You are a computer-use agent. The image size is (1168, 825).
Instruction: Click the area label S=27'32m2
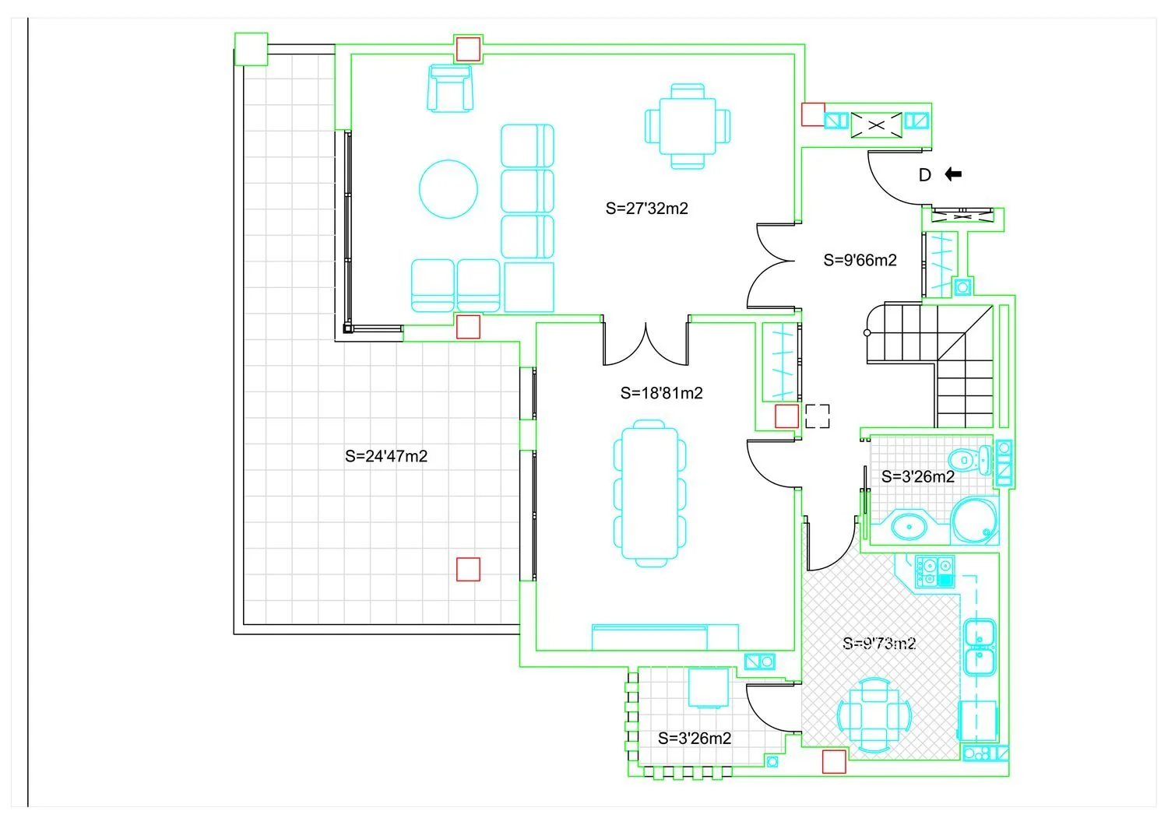[646, 209]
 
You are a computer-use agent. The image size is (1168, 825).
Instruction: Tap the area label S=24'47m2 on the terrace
[386, 457]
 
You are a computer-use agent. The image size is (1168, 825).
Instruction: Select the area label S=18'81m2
[662, 393]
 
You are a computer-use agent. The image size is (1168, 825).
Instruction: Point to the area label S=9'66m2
[860, 260]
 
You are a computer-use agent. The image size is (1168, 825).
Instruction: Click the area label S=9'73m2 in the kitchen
[879, 644]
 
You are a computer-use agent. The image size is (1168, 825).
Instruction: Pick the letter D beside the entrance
[925, 175]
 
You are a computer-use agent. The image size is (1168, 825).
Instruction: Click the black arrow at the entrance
[953, 174]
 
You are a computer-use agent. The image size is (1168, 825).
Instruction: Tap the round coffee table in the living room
[449, 189]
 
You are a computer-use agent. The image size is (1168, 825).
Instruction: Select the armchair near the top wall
[450, 88]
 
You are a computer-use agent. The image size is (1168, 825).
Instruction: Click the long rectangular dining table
[649, 493]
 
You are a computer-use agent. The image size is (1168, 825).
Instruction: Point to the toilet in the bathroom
[970, 460]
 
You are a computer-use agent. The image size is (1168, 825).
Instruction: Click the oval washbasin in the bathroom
[909, 527]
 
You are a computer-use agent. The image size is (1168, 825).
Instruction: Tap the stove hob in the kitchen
[935, 572]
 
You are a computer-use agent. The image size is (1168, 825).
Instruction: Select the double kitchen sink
[980, 647]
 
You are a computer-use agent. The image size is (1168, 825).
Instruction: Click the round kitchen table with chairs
[874, 715]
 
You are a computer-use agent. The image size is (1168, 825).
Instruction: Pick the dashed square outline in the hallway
[817, 416]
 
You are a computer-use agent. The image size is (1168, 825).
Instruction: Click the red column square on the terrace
[468, 569]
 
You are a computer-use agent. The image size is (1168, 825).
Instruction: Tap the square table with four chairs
[688, 127]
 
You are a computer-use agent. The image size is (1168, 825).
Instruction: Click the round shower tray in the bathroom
[974, 521]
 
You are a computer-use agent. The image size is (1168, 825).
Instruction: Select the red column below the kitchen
[834, 762]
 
